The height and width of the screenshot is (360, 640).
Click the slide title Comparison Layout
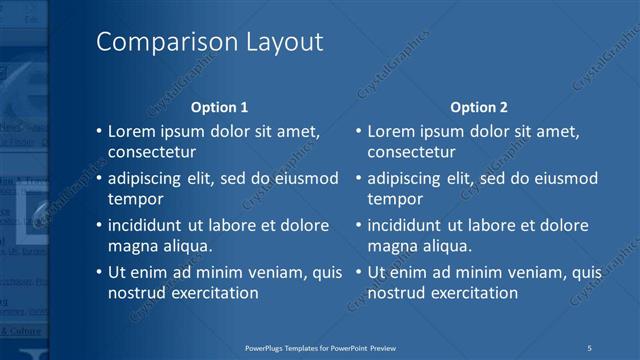[x=209, y=42]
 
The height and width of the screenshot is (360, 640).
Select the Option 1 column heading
[x=219, y=107]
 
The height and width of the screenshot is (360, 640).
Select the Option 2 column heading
[x=479, y=107]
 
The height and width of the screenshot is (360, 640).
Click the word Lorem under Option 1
[x=131, y=131]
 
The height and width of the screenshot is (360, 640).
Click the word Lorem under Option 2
[x=391, y=131]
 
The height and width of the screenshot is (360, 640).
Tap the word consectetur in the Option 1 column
[x=151, y=153]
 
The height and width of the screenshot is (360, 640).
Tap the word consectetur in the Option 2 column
[x=411, y=153]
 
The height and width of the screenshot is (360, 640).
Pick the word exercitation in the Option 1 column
[x=211, y=293]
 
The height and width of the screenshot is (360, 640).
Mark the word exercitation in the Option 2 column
[x=471, y=293]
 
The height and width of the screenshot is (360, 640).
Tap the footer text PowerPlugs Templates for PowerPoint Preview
[x=327, y=347]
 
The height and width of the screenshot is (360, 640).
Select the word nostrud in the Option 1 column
[x=134, y=293]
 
